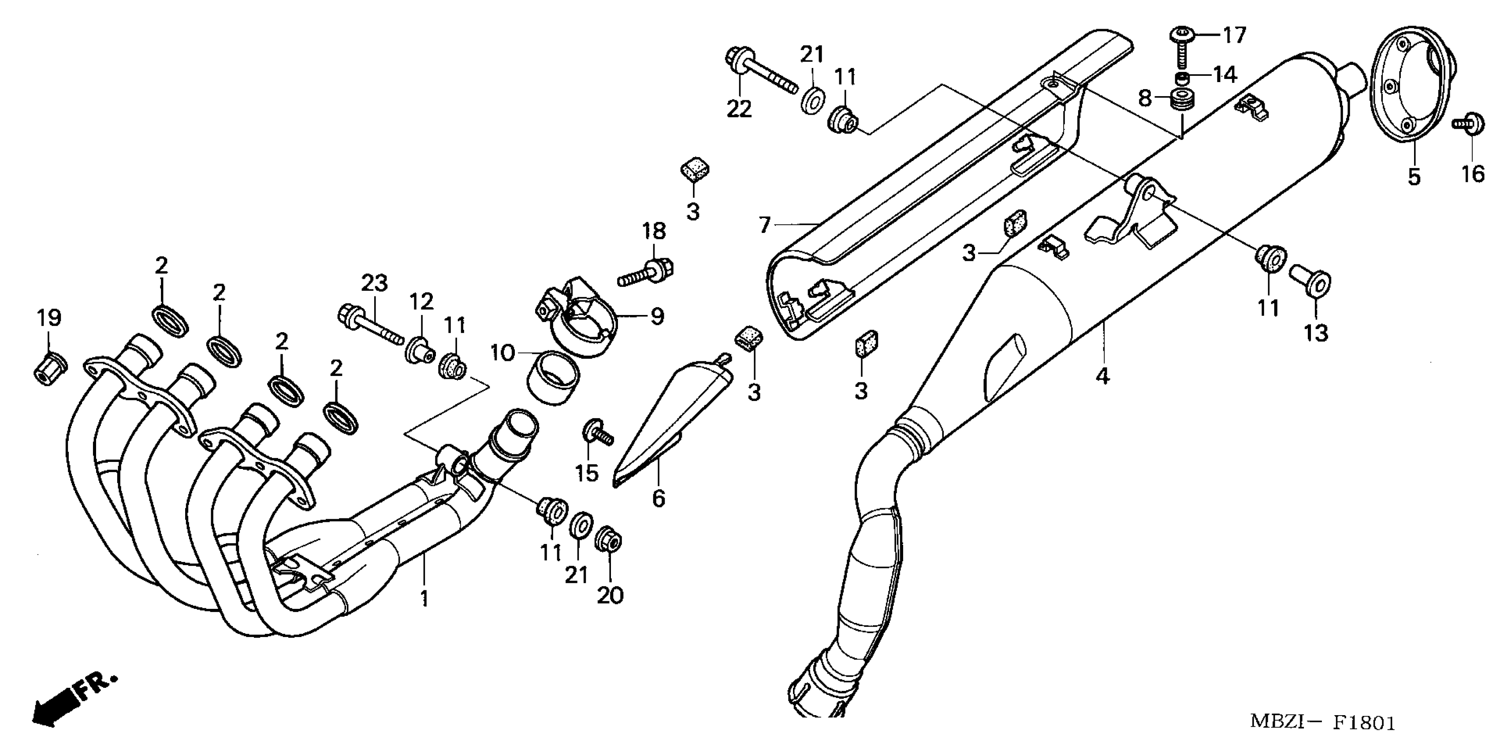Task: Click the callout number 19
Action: tap(49, 318)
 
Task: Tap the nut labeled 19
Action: tap(48, 368)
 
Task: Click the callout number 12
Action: tap(421, 301)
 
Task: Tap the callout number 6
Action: tap(658, 498)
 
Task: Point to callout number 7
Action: tap(765, 225)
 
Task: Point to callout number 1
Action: tap(424, 598)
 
